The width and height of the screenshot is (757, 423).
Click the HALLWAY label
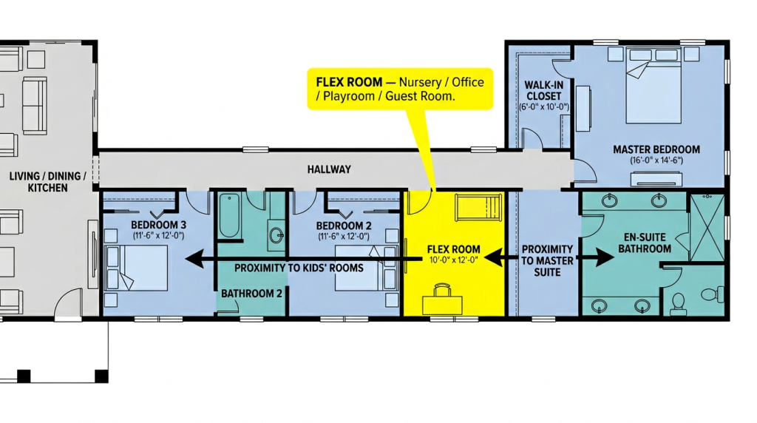pyautogui.click(x=329, y=169)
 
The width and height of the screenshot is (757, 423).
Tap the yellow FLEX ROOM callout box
pyautogui.click(x=400, y=89)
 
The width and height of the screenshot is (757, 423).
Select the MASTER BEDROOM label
pyautogui.click(x=656, y=149)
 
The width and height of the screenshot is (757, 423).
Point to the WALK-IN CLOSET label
pyautogui.click(x=544, y=91)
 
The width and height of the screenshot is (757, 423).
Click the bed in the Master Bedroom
pyautogui.click(x=654, y=85)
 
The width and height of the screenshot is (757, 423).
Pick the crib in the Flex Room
pyautogui.click(x=479, y=207)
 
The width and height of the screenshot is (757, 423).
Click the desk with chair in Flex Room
pyautogui.click(x=442, y=300)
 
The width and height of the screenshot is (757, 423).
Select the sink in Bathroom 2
pyautogui.click(x=276, y=236)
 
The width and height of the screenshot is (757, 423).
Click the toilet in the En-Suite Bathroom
pyautogui.click(x=714, y=294)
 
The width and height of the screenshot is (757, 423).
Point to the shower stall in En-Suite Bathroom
pyautogui.click(x=706, y=228)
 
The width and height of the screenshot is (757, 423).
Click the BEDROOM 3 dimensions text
pyautogui.click(x=158, y=236)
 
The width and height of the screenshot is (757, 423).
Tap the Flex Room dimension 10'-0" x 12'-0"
pyautogui.click(x=453, y=260)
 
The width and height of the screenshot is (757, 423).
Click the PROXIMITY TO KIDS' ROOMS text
pyautogui.click(x=299, y=268)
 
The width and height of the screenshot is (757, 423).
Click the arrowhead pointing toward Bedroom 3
pyautogui.click(x=194, y=259)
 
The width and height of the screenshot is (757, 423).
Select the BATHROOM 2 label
pyautogui.click(x=251, y=294)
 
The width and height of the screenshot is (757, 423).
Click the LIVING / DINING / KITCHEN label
pyautogui.click(x=48, y=182)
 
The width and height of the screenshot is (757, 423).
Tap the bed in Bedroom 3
pyautogui.click(x=137, y=268)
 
